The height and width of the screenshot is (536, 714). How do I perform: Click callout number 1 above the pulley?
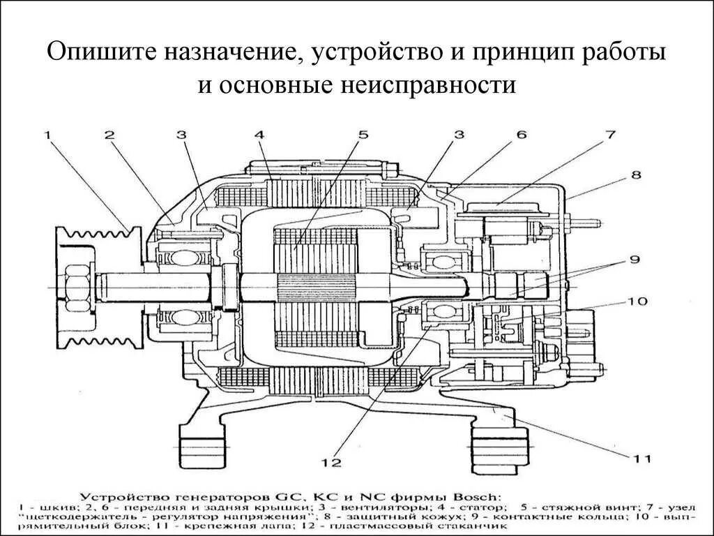tap(47, 136)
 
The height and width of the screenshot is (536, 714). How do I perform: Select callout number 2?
tap(110, 136)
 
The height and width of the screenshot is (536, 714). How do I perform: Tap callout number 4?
tap(259, 135)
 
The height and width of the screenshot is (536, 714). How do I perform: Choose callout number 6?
tap(522, 136)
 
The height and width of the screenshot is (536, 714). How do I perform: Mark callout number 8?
tap(636, 175)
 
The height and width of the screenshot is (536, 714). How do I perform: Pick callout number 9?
tap(635, 260)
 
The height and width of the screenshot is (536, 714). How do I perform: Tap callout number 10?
tap(636, 301)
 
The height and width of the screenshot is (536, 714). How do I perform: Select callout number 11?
tap(641, 459)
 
